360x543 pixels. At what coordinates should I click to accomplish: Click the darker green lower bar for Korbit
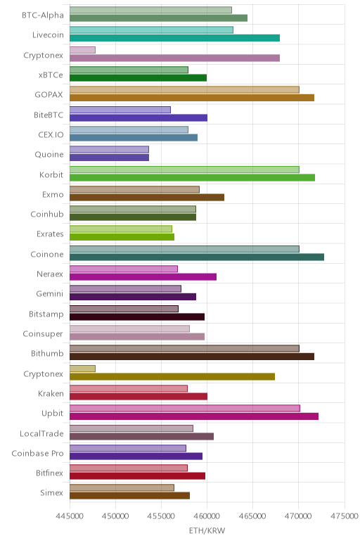point(192,178)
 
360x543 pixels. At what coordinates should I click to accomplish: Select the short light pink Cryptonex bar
point(82,50)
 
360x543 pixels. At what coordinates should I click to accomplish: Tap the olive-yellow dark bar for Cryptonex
point(172,376)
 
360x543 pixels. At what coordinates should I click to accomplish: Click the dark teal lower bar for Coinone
point(197,257)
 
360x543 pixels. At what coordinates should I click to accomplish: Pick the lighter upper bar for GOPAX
point(184,90)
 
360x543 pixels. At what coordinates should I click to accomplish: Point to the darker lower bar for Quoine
point(109,158)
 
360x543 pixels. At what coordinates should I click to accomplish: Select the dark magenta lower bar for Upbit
point(194,416)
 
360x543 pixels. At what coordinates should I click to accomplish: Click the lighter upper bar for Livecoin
point(151,30)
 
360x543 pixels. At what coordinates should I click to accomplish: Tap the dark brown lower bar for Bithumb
point(192,357)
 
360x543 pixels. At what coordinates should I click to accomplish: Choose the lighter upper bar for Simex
point(122,487)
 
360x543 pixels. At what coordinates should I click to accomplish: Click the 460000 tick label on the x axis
point(207,516)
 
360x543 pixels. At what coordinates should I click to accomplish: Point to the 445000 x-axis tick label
point(70,516)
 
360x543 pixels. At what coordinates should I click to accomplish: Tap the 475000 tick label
point(344,516)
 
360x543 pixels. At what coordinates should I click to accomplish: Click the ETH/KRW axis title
point(207,530)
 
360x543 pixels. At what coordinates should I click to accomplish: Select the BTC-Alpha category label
point(43,15)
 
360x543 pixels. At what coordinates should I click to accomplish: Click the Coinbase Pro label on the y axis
point(38,453)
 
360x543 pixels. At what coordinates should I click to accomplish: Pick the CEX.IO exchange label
point(51,135)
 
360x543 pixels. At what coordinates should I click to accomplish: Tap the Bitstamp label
point(46,314)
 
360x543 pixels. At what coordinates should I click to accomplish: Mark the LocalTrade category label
point(42,433)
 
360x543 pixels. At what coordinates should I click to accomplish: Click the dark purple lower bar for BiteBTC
point(139,117)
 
